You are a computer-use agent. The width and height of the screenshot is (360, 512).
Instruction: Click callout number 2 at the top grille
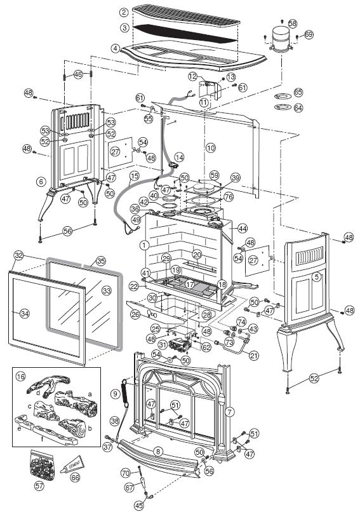tap(123, 13)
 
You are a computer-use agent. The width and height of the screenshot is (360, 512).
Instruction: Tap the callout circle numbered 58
tap(292, 23)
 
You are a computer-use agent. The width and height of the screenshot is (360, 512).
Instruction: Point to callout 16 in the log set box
tap(20, 377)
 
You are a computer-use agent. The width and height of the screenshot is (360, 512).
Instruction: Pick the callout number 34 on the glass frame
tap(25, 313)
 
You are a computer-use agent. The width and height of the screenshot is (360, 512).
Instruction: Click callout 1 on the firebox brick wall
tap(145, 245)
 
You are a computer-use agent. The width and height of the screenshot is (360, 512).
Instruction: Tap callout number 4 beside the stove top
tap(114, 48)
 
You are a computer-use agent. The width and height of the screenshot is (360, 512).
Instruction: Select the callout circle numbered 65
tap(298, 93)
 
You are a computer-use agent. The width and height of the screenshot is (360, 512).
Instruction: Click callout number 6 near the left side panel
tap(41, 182)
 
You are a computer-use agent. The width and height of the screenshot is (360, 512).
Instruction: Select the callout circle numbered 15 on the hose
tap(134, 175)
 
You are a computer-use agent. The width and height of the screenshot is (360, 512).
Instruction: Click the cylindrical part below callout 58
tap(277, 36)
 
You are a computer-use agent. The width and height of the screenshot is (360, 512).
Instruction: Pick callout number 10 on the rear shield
tap(210, 147)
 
